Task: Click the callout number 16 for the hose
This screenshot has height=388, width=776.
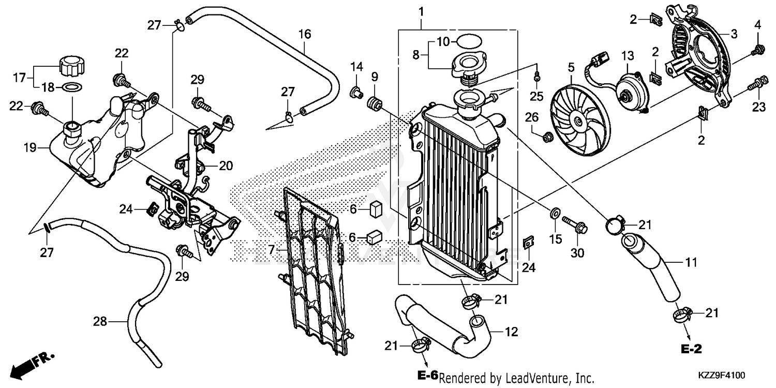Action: [305, 35]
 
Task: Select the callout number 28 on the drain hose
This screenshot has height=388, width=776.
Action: [100, 322]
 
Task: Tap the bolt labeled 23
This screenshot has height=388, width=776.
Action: [757, 82]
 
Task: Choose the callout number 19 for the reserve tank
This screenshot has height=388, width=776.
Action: [29, 148]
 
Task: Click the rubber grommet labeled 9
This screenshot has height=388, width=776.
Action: [375, 104]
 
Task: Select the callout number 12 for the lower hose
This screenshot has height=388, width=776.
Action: [511, 332]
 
